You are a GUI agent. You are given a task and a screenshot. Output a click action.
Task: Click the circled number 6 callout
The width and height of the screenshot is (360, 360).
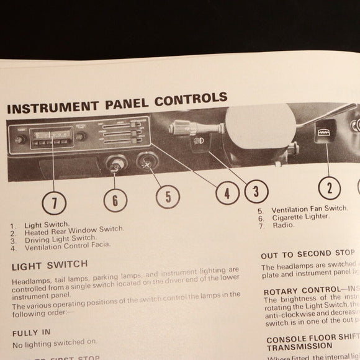click(x=115, y=199)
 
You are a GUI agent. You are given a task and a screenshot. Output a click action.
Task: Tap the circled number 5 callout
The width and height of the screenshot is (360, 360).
click(x=167, y=196)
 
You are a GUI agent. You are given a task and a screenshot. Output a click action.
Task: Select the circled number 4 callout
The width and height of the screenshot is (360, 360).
click(x=227, y=193)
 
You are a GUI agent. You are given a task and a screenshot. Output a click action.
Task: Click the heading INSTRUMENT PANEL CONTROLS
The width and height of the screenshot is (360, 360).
click(x=117, y=102)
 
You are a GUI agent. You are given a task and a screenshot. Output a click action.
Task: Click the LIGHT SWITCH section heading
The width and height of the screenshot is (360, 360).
click(x=50, y=265)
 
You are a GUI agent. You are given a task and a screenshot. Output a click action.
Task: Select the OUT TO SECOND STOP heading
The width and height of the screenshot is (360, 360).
click(x=307, y=254)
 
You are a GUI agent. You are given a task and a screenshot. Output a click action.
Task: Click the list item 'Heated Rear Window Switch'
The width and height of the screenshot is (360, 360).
click(x=74, y=230)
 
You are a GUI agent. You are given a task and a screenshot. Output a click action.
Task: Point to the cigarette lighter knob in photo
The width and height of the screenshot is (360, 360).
click(x=116, y=165)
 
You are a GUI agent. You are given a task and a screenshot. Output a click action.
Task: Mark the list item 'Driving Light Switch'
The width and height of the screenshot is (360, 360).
click(x=60, y=238)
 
